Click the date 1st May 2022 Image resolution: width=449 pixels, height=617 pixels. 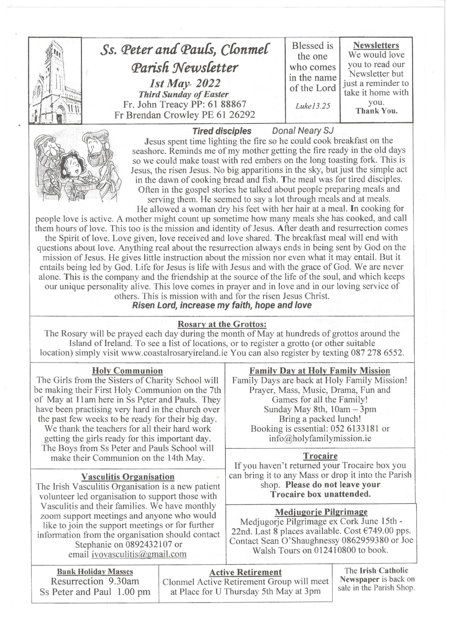[x=185, y=83]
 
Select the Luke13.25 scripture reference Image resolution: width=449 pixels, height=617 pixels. [x=313, y=106]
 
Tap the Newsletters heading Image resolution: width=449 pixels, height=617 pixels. [x=376, y=45]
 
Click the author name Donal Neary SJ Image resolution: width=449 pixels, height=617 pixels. [x=303, y=131]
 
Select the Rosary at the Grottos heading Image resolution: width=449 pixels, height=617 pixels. [x=222, y=324]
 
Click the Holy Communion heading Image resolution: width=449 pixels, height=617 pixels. [x=127, y=371]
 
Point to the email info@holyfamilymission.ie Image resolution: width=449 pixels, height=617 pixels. [x=320, y=438]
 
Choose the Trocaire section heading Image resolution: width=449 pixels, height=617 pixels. [x=320, y=456]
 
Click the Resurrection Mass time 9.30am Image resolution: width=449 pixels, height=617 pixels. [x=124, y=581]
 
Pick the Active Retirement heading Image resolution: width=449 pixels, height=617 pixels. [x=245, y=572]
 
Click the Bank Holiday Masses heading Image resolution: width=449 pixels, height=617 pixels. [x=95, y=572]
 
